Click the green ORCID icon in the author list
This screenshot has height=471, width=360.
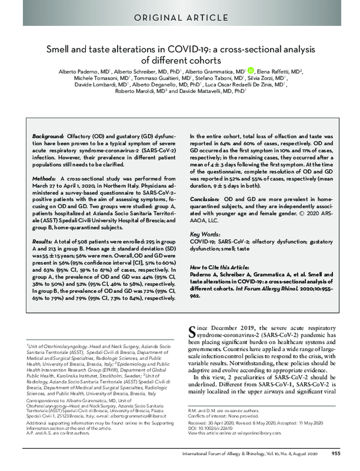click(x=250, y=70)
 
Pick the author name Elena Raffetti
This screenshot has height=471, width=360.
click(x=274, y=70)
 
